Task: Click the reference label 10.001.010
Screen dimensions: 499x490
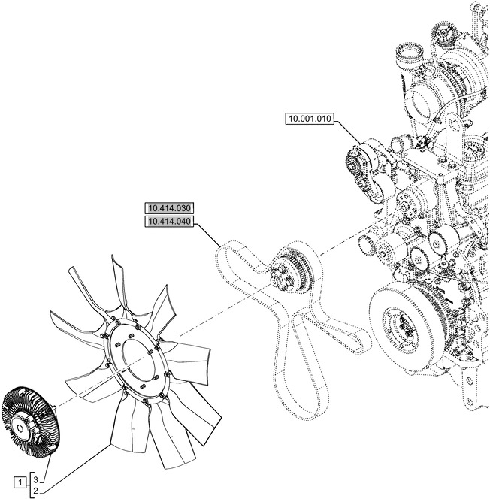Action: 310,118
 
